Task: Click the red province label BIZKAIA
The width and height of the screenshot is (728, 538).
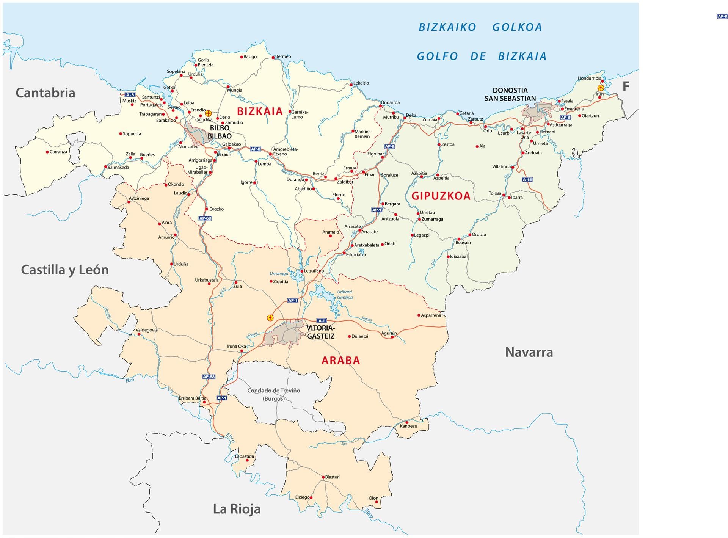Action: click(260, 111)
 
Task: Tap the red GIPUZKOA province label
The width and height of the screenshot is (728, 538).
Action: click(441, 196)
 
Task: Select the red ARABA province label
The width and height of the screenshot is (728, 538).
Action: click(340, 360)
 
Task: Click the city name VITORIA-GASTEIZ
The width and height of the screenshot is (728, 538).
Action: click(320, 332)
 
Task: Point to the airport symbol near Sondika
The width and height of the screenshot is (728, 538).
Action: click(208, 113)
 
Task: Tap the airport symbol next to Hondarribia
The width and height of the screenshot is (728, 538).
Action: click(601, 88)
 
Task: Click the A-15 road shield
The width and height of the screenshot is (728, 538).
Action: click(527, 180)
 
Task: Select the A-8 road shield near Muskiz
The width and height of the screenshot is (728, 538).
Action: click(130, 95)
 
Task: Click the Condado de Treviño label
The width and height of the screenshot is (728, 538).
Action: click(273, 391)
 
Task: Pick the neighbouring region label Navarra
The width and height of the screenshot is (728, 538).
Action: click(529, 352)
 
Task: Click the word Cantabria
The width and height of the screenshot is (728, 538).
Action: click(45, 93)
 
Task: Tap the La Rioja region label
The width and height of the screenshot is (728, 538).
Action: click(237, 509)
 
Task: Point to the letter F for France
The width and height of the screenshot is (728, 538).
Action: click(626, 86)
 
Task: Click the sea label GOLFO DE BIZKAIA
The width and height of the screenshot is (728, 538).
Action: click(482, 56)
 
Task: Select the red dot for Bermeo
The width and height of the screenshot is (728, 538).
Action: click(273, 58)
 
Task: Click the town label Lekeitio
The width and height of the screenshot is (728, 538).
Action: click(361, 83)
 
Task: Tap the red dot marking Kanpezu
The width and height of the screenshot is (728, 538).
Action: click(407, 422)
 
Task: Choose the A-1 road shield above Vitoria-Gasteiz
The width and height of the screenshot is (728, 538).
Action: click(322, 321)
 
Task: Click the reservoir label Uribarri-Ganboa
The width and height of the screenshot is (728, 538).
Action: click(345, 295)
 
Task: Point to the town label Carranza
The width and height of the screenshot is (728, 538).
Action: click(58, 152)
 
